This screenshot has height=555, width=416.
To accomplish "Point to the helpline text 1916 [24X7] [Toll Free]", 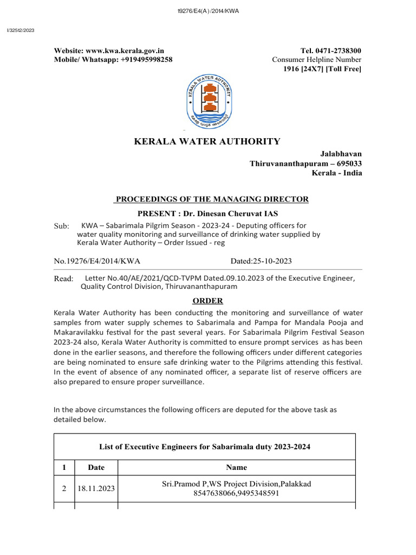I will (x=322, y=68).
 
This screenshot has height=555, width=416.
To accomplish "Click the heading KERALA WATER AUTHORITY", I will (x=207, y=141).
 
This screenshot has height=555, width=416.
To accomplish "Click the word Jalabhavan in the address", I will (x=343, y=154).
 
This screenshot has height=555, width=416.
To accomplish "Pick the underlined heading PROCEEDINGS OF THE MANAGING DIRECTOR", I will (x=211, y=199).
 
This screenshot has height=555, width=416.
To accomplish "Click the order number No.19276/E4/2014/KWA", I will (x=96, y=261).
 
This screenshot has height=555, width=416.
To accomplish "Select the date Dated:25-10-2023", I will (x=261, y=261).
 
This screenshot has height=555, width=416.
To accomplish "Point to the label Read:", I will (x=63, y=279).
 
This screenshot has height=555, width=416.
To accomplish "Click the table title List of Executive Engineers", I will (x=205, y=447).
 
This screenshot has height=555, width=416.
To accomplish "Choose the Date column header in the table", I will (x=96, y=467).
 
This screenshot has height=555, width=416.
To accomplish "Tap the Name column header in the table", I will (x=236, y=467).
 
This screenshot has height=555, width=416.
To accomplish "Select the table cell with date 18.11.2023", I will (x=96, y=488).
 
